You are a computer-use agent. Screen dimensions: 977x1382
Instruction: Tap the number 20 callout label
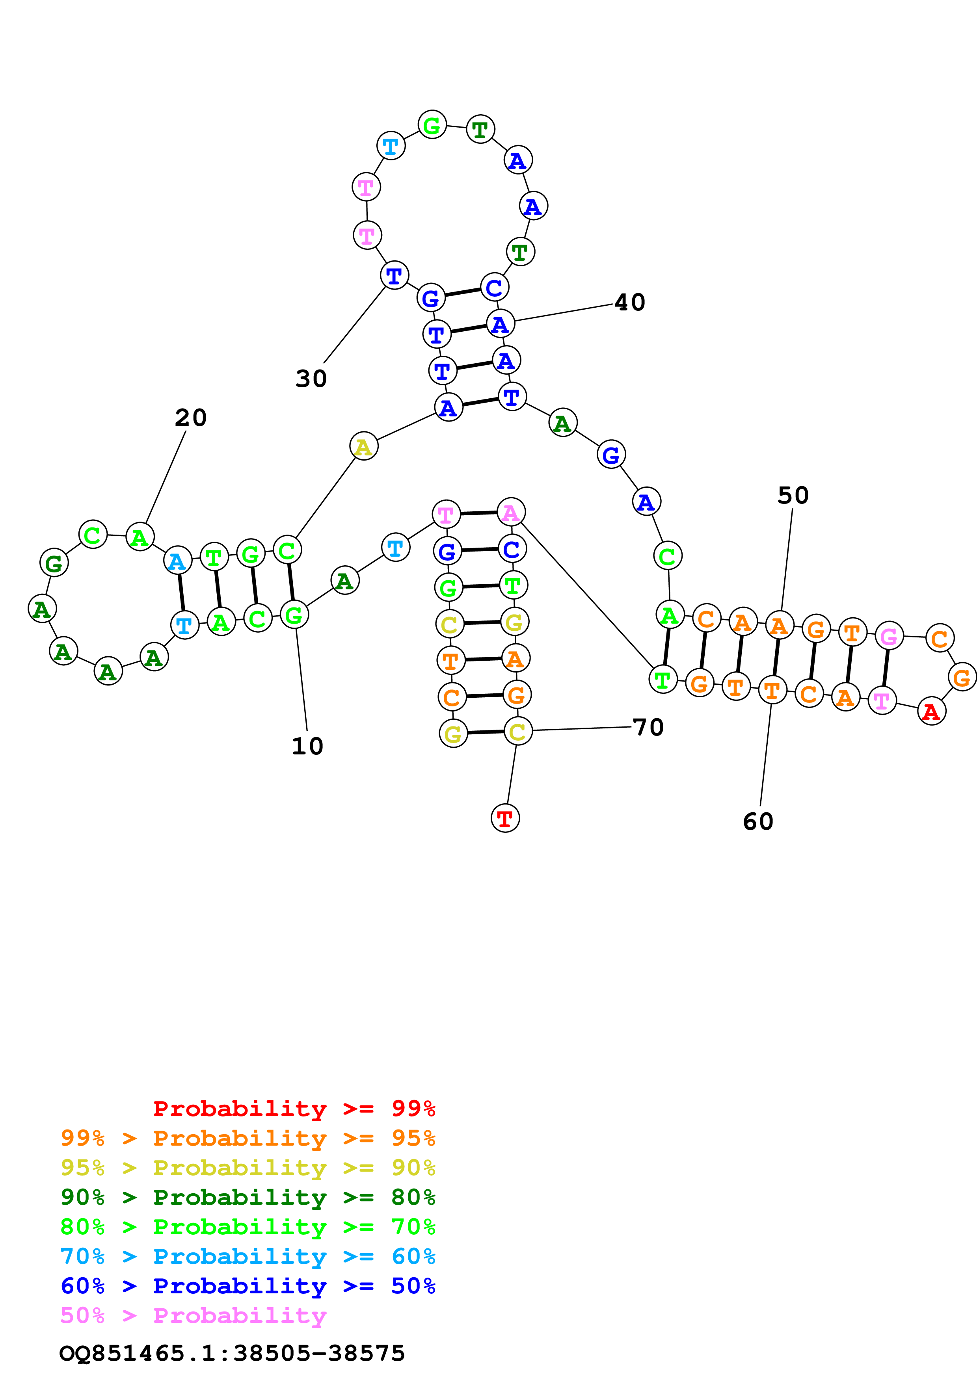[191, 418]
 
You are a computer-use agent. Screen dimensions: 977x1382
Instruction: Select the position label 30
[311, 379]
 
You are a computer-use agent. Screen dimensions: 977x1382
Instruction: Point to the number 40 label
[630, 302]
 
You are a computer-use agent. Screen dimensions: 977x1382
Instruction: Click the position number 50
[793, 495]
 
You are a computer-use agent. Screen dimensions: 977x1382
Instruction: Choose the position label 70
[648, 727]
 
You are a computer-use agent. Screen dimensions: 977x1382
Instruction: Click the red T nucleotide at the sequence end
[505, 818]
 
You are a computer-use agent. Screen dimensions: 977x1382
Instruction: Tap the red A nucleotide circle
[931, 711]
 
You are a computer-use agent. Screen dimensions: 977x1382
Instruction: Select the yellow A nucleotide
[364, 446]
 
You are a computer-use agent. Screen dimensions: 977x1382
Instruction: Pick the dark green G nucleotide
[54, 563]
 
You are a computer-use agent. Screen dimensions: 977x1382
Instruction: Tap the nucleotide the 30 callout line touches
[394, 276]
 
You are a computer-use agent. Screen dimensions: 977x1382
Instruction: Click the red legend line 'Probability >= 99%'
[294, 1109]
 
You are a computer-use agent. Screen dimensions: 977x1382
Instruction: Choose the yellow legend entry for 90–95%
[248, 1168]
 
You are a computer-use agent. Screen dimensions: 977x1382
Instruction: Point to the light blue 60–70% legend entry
[248, 1257]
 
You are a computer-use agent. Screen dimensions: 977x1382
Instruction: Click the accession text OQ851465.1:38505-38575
[232, 1354]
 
